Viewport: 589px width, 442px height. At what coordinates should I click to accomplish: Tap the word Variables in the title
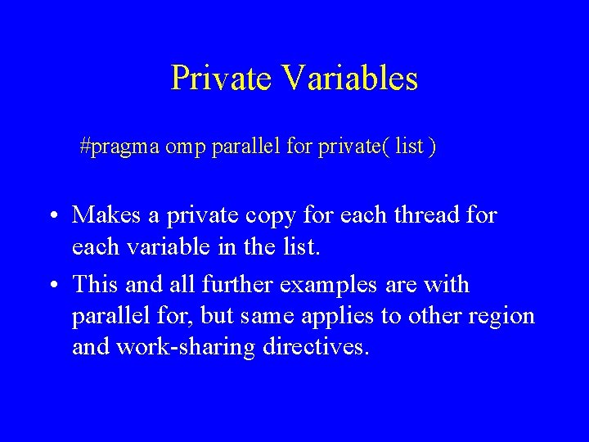pos(349,79)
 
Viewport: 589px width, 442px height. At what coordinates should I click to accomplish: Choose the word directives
pos(317,345)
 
